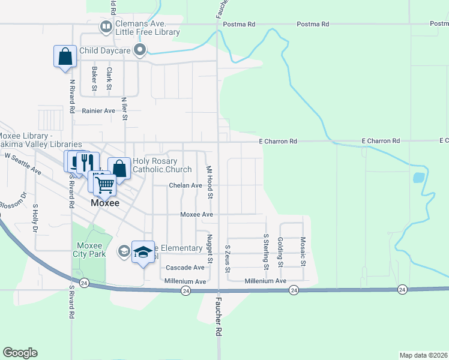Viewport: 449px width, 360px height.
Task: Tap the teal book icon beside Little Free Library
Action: click(x=105, y=27)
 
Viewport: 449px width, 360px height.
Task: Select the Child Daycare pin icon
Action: click(x=140, y=50)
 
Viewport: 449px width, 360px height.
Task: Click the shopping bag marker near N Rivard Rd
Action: click(x=64, y=57)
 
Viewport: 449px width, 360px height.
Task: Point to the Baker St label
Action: click(x=95, y=79)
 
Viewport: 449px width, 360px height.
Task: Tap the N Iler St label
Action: click(x=125, y=109)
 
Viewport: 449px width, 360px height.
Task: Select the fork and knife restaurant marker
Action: click(x=88, y=161)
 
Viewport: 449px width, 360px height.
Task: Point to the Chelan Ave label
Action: click(x=185, y=185)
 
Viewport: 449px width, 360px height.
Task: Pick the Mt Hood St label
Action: click(x=209, y=182)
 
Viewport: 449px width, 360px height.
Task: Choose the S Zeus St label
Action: click(x=228, y=259)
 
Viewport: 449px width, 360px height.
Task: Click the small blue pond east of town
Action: click(x=419, y=178)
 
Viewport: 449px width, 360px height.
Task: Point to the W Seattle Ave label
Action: click(x=23, y=163)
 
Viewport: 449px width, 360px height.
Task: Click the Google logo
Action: click(x=20, y=353)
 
